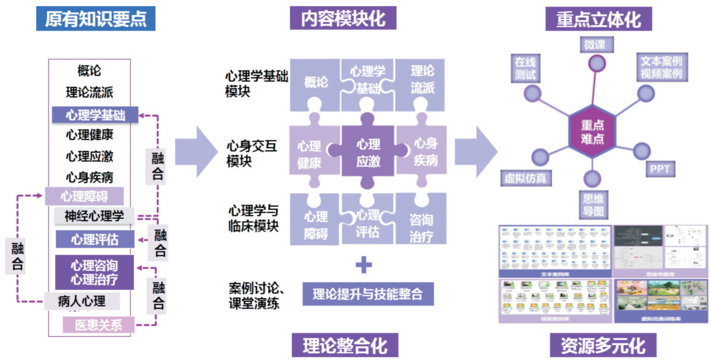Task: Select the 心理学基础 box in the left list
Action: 95,115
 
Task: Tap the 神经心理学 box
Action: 94,216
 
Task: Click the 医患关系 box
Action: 99,325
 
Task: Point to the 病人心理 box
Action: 82,300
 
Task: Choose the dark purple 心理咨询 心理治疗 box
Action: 94,273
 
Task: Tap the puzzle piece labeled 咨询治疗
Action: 421,227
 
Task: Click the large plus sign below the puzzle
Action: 364,265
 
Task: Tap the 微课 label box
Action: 595,45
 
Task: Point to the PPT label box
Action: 659,169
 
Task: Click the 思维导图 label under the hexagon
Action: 592,205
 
